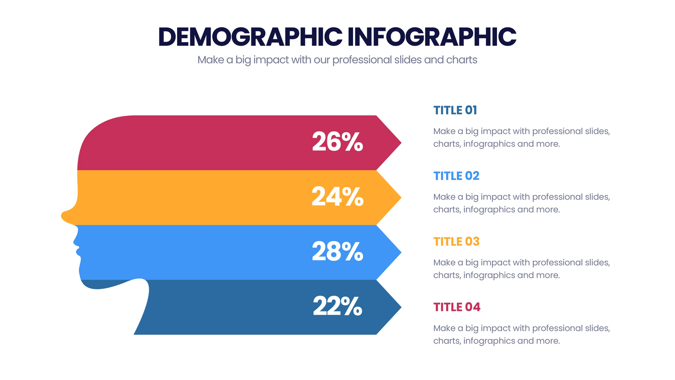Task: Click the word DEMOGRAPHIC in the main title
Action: tap(251, 36)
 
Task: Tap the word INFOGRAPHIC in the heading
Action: tap(433, 36)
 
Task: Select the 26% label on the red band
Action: tap(337, 142)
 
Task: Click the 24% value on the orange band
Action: tap(337, 197)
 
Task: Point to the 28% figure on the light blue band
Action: tap(337, 251)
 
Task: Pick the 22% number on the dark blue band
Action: tap(337, 307)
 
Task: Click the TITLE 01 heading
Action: tap(455, 110)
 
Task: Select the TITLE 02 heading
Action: tap(456, 176)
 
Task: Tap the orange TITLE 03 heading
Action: tap(456, 242)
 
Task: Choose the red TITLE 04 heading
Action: tap(456, 307)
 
